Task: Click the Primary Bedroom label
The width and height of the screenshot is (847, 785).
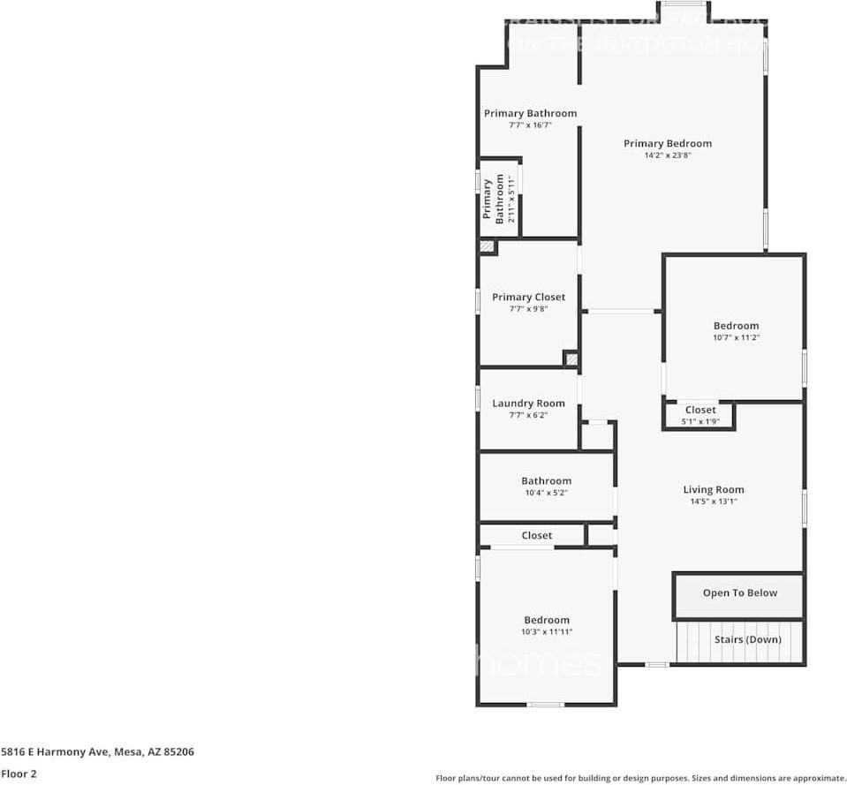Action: [667, 143]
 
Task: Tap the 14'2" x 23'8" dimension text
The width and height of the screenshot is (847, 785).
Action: [667, 155]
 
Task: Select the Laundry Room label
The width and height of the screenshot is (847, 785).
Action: [528, 404]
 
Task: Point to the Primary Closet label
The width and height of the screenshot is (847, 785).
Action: [528, 297]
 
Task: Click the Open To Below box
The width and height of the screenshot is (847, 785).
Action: [739, 593]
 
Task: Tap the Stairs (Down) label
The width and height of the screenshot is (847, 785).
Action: [747, 639]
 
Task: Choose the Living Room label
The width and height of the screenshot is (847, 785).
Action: [713, 489]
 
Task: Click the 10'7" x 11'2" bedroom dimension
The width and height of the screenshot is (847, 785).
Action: [736, 337]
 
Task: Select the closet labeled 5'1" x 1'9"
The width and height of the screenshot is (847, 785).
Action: [700, 415]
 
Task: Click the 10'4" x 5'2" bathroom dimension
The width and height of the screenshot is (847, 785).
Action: [546, 493]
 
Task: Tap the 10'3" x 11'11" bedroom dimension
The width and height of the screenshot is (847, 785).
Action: [546, 631]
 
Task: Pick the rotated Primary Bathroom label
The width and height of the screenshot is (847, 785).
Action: [494, 199]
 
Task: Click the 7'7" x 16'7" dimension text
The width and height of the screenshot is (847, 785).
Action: [530, 125]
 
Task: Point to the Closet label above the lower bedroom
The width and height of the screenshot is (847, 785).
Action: [536, 535]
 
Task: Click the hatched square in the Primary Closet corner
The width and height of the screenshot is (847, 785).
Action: [571, 359]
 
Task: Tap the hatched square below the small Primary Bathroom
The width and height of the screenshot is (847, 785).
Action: [487, 247]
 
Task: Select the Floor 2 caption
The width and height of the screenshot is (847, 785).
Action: [19, 774]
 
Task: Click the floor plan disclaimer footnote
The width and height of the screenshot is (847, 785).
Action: [640, 778]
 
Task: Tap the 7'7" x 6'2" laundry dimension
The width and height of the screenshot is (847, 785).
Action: [528, 415]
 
